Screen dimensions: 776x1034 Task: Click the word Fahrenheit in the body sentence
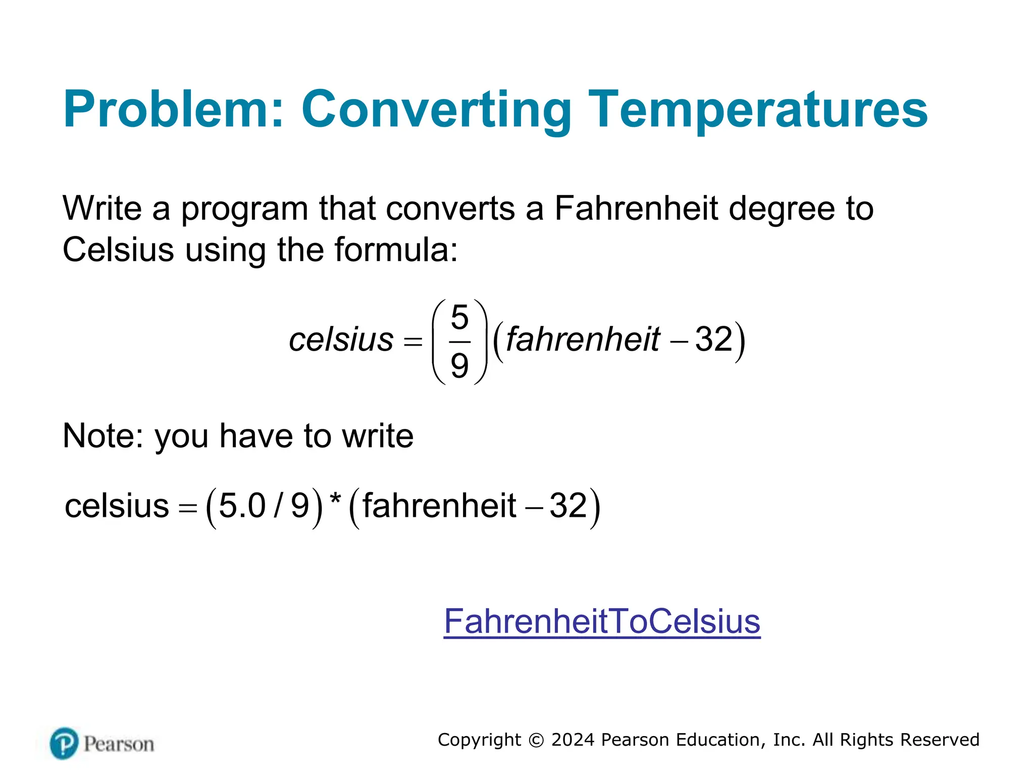point(636,208)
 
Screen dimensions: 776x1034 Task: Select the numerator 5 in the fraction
point(459,317)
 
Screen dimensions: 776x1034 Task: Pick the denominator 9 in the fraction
point(459,365)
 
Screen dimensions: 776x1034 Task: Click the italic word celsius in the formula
point(341,339)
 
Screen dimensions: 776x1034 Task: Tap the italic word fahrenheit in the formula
point(583,339)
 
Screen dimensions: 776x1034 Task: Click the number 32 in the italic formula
point(714,339)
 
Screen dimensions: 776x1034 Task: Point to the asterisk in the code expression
point(335,500)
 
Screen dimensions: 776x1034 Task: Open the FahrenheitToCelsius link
point(602,621)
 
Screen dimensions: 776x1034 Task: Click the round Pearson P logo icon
point(65,743)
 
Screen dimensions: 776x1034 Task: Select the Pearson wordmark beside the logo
point(119,744)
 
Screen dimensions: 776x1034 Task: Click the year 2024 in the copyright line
point(573,740)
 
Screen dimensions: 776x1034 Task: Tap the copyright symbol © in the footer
point(536,740)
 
